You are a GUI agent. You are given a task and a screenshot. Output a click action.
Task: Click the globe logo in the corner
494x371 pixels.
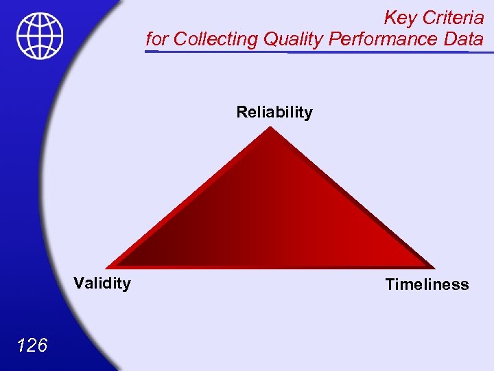pyautogui.click(x=40, y=36)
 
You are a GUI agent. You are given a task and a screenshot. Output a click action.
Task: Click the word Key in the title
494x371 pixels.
pyautogui.click(x=398, y=17)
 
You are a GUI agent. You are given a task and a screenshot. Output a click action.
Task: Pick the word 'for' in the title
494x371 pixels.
pyautogui.click(x=156, y=39)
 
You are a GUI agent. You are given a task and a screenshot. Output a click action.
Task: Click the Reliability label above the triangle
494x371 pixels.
pyautogui.click(x=274, y=112)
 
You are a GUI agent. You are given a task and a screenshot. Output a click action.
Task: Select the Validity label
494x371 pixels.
pyautogui.click(x=102, y=283)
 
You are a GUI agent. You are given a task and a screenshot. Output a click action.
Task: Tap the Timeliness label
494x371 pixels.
pyautogui.click(x=427, y=284)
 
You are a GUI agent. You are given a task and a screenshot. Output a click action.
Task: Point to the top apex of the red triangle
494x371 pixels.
pyautogui.click(x=270, y=128)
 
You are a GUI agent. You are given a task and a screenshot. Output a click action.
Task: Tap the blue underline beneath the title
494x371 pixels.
pyautogui.click(x=316, y=51)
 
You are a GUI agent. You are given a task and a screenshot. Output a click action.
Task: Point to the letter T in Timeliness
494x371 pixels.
pyautogui.click(x=390, y=284)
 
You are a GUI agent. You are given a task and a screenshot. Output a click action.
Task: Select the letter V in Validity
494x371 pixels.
pyautogui.click(x=79, y=283)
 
